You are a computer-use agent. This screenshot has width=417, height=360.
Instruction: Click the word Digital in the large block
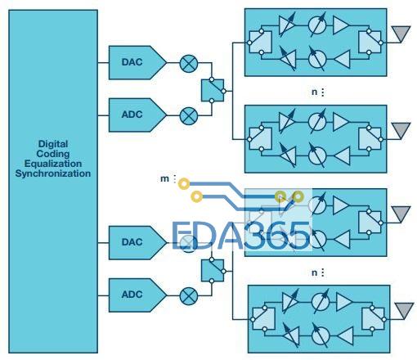[53, 144]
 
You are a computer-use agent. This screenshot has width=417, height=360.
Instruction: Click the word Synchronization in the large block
[53, 173]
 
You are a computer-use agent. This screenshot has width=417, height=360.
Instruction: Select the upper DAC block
[137, 63]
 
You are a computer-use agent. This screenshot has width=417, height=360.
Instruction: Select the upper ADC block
[137, 115]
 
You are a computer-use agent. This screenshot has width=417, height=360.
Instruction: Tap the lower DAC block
[137, 242]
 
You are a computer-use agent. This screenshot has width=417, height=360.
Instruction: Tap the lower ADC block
[137, 295]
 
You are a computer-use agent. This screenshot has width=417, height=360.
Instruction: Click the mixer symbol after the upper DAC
[189, 64]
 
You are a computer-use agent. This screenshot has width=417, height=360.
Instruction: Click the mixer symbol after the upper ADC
[189, 116]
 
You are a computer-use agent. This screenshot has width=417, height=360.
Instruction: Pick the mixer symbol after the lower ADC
[189, 296]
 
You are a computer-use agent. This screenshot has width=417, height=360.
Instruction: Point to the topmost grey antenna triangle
[401, 33]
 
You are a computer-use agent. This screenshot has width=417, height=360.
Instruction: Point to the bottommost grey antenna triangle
[404, 309]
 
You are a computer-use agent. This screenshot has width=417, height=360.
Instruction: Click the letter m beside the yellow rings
[164, 179]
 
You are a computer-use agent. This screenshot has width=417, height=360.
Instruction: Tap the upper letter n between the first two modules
[314, 92]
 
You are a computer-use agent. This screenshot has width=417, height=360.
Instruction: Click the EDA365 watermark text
[241, 236]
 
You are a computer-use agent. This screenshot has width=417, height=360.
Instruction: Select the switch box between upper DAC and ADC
[213, 90]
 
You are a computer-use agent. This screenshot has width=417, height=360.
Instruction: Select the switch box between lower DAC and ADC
[213, 270]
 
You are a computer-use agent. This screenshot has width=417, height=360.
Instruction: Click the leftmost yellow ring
[184, 184]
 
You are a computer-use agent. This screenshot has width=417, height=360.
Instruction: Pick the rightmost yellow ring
[298, 196]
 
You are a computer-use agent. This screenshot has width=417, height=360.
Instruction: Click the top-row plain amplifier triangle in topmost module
[340, 25]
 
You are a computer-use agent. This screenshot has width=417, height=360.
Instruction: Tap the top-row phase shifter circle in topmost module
[317, 25]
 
